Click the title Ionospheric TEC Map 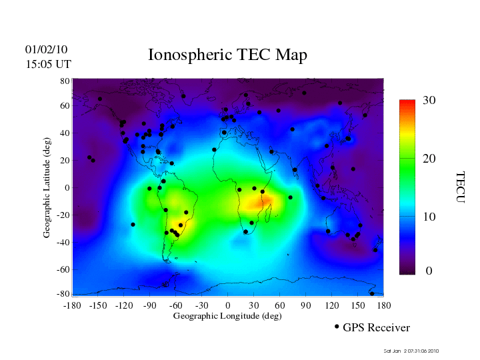point(227,55)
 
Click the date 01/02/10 point(46,49)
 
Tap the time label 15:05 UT point(48,64)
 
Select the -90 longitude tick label point(149,305)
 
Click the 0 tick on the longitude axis point(228,305)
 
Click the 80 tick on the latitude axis point(65,81)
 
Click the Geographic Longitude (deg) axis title point(227,316)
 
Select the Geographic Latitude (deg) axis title point(47,193)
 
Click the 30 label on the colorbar point(429,101)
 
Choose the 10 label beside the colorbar point(429,217)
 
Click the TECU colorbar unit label point(460,187)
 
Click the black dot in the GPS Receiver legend point(337,327)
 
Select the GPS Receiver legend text point(376,327)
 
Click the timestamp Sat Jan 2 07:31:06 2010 point(411,351)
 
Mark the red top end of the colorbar point(407,104)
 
